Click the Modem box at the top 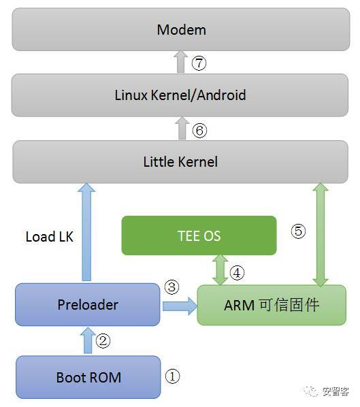[x=180, y=31]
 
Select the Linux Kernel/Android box [x=180, y=95]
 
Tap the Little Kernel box [x=180, y=161]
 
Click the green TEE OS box [x=199, y=235]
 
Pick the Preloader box [x=88, y=305]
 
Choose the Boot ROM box [x=88, y=376]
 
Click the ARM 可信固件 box [x=271, y=305]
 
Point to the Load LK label [x=49, y=237]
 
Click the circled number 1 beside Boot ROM [x=173, y=376]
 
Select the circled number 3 [x=171, y=287]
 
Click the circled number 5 [x=298, y=231]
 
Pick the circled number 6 [x=199, y=130]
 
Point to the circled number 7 [x=199, y=63]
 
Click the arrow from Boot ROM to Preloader [x=88, y=340]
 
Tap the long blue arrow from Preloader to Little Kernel [x=87, y=231]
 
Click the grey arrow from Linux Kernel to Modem [x=180, y=63]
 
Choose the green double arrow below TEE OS [x=220, y=270]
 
